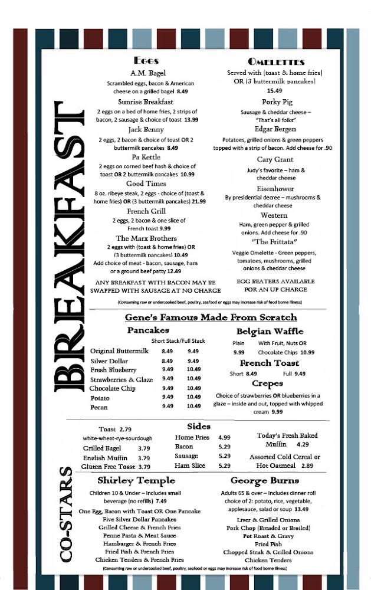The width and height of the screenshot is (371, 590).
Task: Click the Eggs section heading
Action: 146,61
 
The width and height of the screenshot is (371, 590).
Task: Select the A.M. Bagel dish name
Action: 146,73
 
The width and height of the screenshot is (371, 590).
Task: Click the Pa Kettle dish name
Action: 146,157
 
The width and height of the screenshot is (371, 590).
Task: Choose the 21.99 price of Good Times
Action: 199,201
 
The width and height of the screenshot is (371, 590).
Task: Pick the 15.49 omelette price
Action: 275,90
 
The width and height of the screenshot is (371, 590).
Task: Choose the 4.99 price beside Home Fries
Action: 224,438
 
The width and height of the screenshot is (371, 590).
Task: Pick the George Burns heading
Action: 266,480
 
